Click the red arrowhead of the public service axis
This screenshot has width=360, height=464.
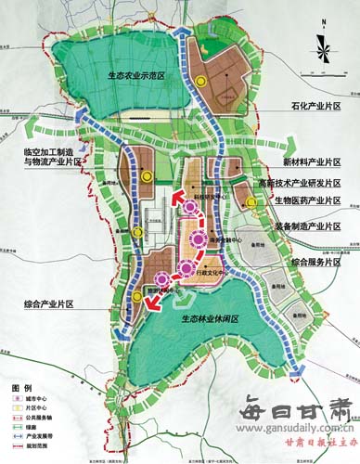point(173,195)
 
